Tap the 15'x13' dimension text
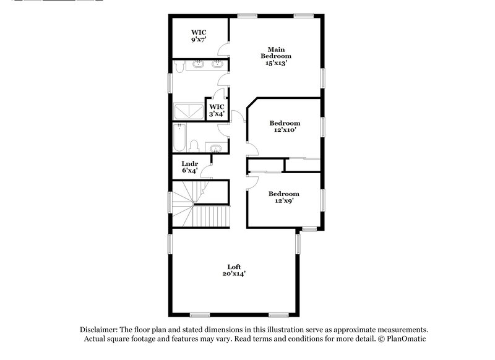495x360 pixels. tap(276, 62)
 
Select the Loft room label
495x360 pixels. tap(233, 267)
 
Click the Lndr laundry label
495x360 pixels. tap(189, 163)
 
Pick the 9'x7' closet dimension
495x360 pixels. tap(199, 39)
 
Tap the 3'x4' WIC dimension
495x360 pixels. tap(217, 114)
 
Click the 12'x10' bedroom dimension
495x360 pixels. tap(284, 130)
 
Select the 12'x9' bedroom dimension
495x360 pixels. tap(284, 200)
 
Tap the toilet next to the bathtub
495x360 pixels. tap(193, 146)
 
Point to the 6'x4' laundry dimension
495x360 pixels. tap(189, 170)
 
